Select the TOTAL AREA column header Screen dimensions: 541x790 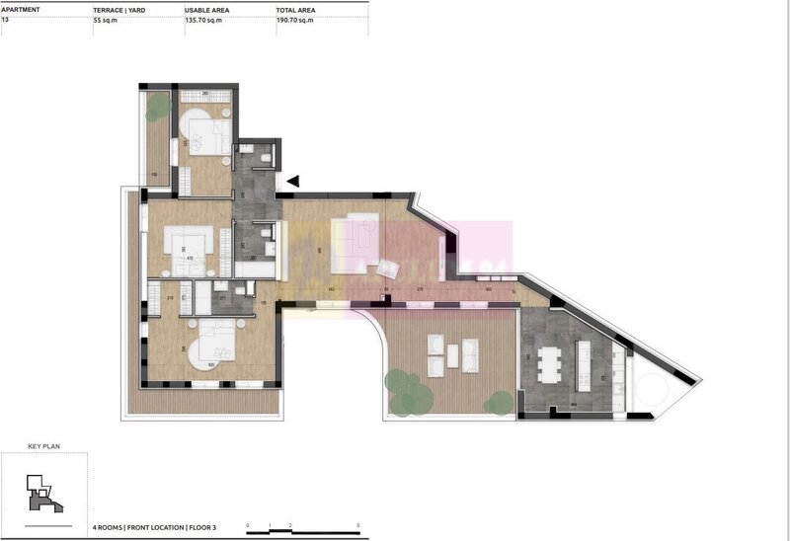coord(295,8)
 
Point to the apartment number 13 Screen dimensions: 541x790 coord(6,19)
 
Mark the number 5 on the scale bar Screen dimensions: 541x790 coord(357,525)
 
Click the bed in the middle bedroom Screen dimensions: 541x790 coord(189,243)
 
